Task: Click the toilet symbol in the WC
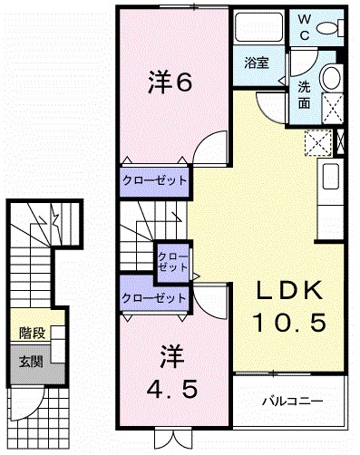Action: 330,29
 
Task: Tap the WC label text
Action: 305,27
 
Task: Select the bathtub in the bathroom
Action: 258,25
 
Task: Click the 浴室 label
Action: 257,63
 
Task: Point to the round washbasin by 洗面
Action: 332,77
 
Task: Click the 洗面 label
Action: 304,95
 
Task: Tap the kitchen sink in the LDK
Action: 331,177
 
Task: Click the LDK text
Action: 288,290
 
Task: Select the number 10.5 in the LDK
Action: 290,322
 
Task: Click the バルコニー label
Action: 293,402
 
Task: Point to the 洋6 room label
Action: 170,82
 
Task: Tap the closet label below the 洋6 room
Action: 154,180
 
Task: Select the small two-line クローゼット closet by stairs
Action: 173,262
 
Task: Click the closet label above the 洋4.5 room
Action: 154,298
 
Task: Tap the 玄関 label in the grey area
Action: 31,362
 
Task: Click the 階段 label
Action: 33,334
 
